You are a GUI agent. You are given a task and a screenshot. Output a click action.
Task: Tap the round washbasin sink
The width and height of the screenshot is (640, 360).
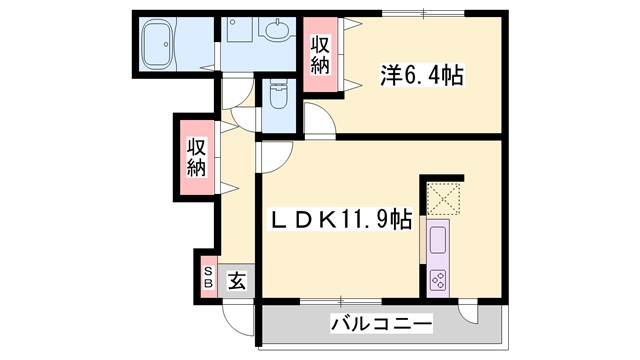(x=277, y=30)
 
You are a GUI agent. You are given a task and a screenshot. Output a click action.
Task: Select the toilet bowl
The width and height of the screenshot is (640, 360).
(x=278, y=97)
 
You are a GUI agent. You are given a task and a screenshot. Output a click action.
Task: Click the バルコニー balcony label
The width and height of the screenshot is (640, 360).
(x=381, y=324)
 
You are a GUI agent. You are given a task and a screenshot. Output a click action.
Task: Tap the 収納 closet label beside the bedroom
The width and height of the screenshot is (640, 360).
(x=320, y=55)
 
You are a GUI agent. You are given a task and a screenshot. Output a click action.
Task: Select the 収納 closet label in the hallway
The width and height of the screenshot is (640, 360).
(x=195, y=158)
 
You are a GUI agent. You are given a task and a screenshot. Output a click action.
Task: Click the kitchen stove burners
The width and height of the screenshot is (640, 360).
(x=438, y=279)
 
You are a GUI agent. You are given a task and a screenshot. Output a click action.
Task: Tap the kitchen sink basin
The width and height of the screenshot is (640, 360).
(x=438, y=240)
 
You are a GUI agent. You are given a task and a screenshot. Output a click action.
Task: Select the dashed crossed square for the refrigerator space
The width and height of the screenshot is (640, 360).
(x=442, y=196)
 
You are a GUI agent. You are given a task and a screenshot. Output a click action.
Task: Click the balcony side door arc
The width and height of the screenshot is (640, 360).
(x=470, y=315)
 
